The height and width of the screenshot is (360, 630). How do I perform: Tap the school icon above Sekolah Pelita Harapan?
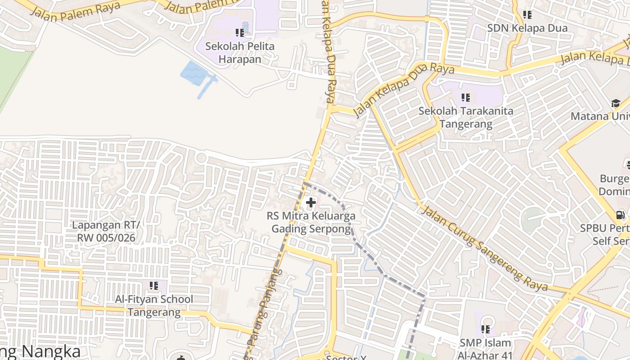[240, 32]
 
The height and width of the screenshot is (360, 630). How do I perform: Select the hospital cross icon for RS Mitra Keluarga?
[310, 202]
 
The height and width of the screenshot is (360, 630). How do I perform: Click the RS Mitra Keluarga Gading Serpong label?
[311, 222]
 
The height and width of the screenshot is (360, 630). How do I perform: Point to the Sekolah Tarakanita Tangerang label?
[466, 117]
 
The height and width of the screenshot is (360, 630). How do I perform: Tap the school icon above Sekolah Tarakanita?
[466, 97]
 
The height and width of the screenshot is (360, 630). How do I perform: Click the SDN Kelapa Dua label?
[527, 28]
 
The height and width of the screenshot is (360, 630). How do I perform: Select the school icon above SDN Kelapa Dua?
[527, 15]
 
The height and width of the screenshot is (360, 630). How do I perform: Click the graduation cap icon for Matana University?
[616, 103]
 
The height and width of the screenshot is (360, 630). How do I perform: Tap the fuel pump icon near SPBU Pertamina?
[620, 215]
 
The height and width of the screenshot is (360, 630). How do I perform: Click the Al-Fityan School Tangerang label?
[154, 306]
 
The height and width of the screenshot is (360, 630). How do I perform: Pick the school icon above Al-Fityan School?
[154, 285]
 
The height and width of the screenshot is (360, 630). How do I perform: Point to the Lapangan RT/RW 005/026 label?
[106, 231]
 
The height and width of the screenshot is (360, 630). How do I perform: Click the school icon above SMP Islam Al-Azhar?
[485, 329]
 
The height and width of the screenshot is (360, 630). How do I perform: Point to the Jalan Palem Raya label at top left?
[75, 9]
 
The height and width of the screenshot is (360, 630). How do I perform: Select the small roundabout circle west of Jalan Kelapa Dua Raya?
[201, 158]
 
